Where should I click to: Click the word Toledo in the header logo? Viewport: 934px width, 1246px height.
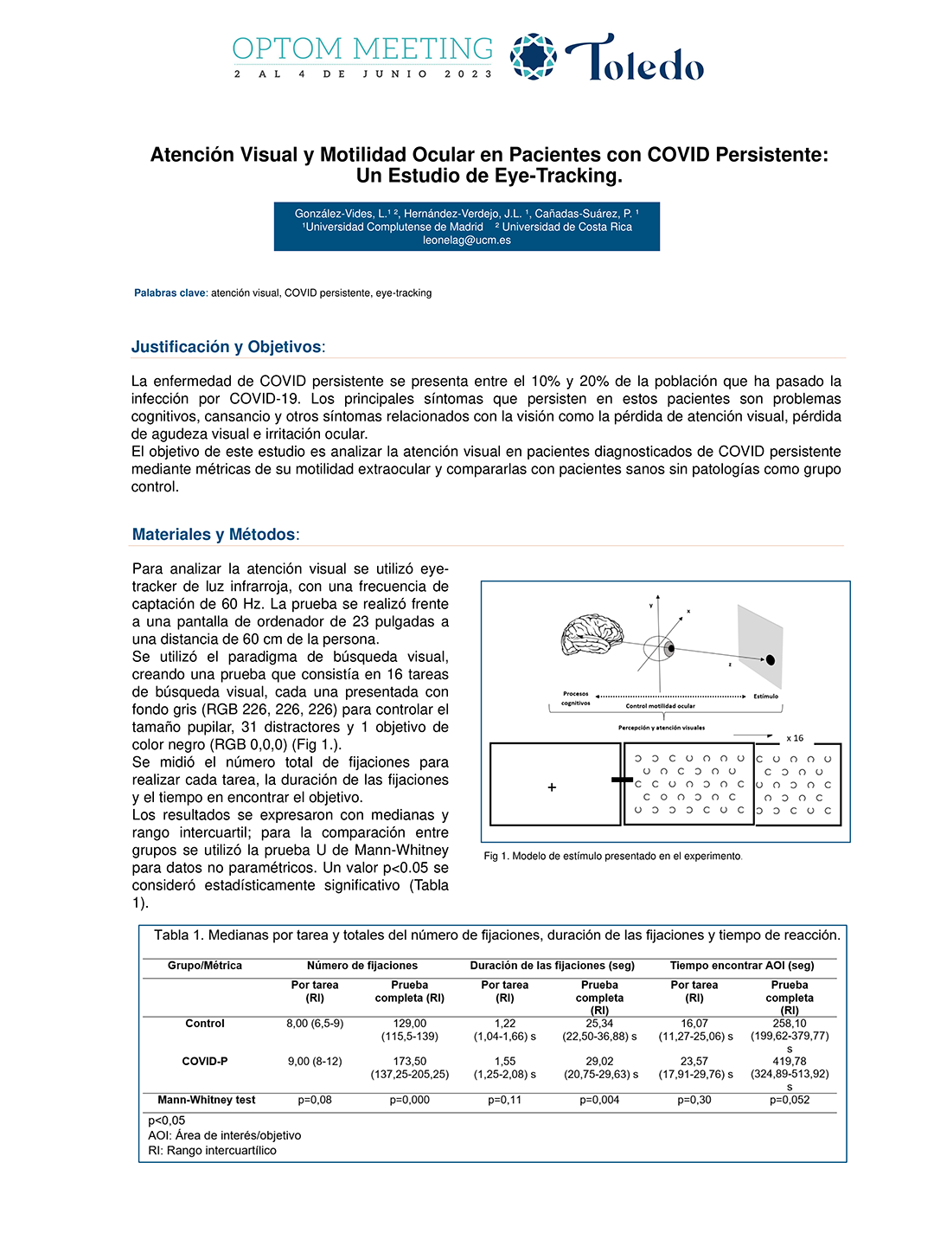636,59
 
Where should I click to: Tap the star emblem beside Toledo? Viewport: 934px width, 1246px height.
533,56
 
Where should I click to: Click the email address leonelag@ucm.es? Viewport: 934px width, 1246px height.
466,241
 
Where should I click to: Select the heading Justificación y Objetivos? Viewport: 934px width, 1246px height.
227,347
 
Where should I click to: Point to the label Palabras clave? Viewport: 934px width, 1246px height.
170,293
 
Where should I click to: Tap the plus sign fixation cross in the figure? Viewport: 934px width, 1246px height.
552,787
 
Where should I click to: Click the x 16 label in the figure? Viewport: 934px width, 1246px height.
795,738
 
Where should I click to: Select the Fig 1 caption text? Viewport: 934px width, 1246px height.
612,857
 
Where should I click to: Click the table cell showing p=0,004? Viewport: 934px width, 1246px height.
600,1101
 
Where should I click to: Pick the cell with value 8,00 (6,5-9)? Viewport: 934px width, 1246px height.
315,1024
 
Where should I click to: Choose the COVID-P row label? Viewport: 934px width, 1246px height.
205,1062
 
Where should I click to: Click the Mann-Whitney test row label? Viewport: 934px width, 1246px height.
206,1101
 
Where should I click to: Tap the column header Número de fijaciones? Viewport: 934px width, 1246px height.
361,966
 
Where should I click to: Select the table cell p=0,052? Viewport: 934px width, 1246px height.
790,1101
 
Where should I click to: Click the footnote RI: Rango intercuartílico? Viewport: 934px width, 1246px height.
213,1151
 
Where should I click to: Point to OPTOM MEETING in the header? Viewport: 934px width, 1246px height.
362,48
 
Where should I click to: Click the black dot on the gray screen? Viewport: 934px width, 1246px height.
771,660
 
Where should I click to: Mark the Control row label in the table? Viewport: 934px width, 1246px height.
205,1024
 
